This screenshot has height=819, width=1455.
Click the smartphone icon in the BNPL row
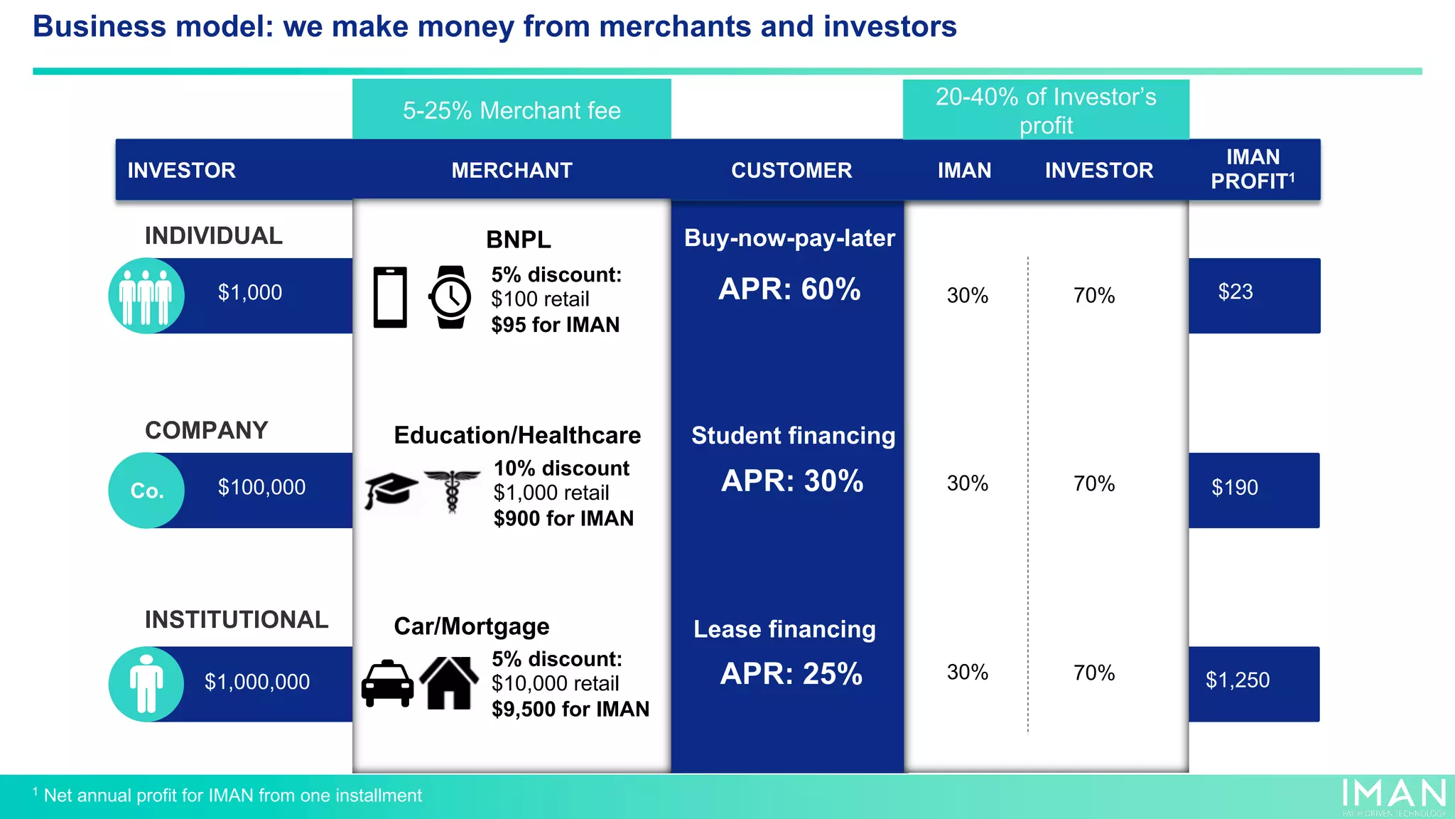(390, 297)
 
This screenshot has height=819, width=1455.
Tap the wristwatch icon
(450, 297)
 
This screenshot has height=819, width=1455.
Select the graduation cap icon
(390, 489)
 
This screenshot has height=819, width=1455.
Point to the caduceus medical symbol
(452, 489)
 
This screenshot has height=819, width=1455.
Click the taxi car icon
(387, 684)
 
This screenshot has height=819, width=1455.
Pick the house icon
(449, 682)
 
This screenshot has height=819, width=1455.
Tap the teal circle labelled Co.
(146, 491)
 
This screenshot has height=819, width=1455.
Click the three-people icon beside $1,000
(146, 296)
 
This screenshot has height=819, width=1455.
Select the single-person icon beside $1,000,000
(146, 684)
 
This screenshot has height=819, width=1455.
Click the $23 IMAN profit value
(1235, 292)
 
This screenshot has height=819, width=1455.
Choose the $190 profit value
(1234, 488)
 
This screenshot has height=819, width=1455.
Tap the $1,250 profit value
(1237, 680)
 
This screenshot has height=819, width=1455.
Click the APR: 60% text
(789, 289)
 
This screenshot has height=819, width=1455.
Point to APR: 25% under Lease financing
(791, 674)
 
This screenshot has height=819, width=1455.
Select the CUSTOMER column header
(791, 171)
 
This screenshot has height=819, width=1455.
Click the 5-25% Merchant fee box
(512, 110)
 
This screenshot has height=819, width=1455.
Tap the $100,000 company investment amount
(261, 488)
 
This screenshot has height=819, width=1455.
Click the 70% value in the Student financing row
(1093, 484)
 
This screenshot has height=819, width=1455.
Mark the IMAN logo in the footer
(1393, 795)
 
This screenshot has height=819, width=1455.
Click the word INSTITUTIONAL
(237, 620)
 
